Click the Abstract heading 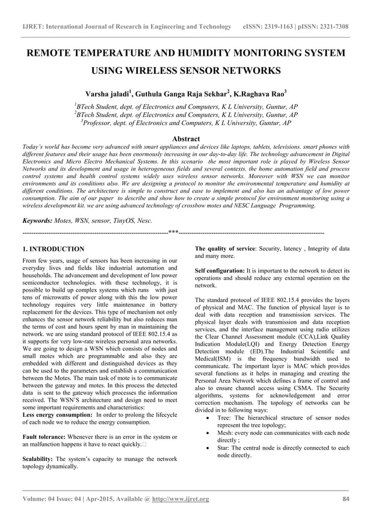click(x=186, y=139)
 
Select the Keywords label click(x=37, y=221)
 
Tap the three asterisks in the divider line click(x=173, y=232)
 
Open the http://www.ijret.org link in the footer click(x=180, y=499)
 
